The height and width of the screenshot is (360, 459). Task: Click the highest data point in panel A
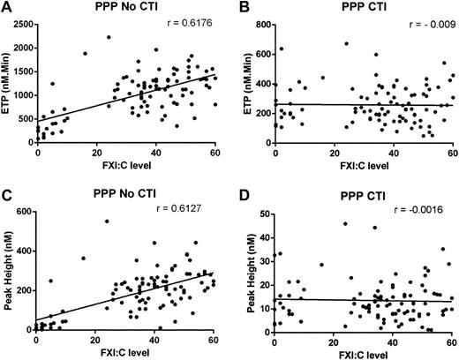click(109, 37)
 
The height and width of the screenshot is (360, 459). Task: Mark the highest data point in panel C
click(107, 221)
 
